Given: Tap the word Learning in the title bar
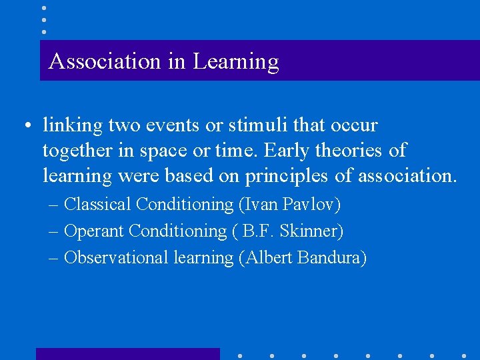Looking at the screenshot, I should point(236,62).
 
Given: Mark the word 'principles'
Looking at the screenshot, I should point(287,177).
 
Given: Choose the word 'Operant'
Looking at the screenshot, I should point(93,231).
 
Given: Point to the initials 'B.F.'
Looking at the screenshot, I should point(264,231).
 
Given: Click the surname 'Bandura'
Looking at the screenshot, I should point(333,257).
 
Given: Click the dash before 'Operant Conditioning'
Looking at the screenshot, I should point(55,231).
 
